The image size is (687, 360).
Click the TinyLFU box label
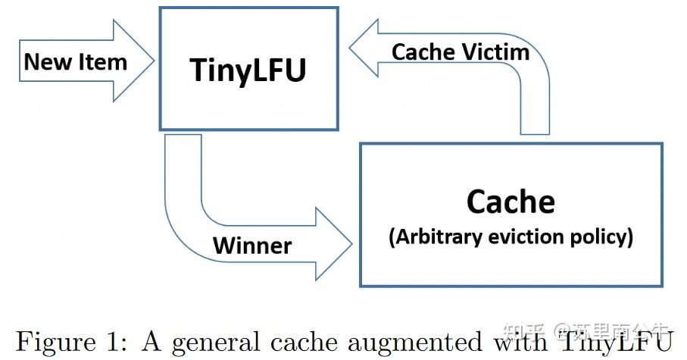click(x=248, y=69)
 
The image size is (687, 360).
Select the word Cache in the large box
click(x=511, y=202)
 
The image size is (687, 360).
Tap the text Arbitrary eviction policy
click(x=511, y=237)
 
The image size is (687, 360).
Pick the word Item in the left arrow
click(x=103, y=62)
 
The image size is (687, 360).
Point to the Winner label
click(x=251, y=245)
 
